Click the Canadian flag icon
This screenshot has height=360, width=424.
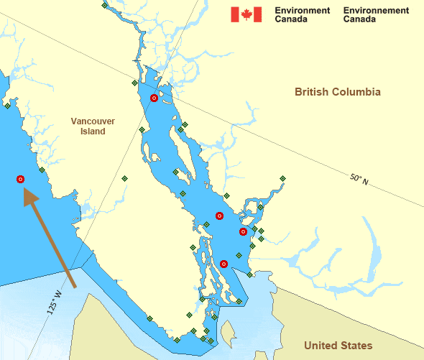246,14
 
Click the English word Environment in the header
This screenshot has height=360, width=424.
303,11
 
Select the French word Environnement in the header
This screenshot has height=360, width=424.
376,11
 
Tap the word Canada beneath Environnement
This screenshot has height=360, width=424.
359,19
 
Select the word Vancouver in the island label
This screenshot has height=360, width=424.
93,121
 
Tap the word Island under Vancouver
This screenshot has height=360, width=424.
93,131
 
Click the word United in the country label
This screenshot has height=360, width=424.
321,346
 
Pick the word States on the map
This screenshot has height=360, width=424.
358,346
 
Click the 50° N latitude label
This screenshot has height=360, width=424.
359,178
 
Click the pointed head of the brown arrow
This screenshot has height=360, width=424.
28,192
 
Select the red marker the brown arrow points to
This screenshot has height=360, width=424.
20,179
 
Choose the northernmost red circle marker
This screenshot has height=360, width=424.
154,98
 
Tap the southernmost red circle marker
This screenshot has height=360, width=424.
224,264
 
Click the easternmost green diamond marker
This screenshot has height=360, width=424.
282,178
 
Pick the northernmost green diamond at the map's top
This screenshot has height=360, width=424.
105,5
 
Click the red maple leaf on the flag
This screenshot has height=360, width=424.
246,14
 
